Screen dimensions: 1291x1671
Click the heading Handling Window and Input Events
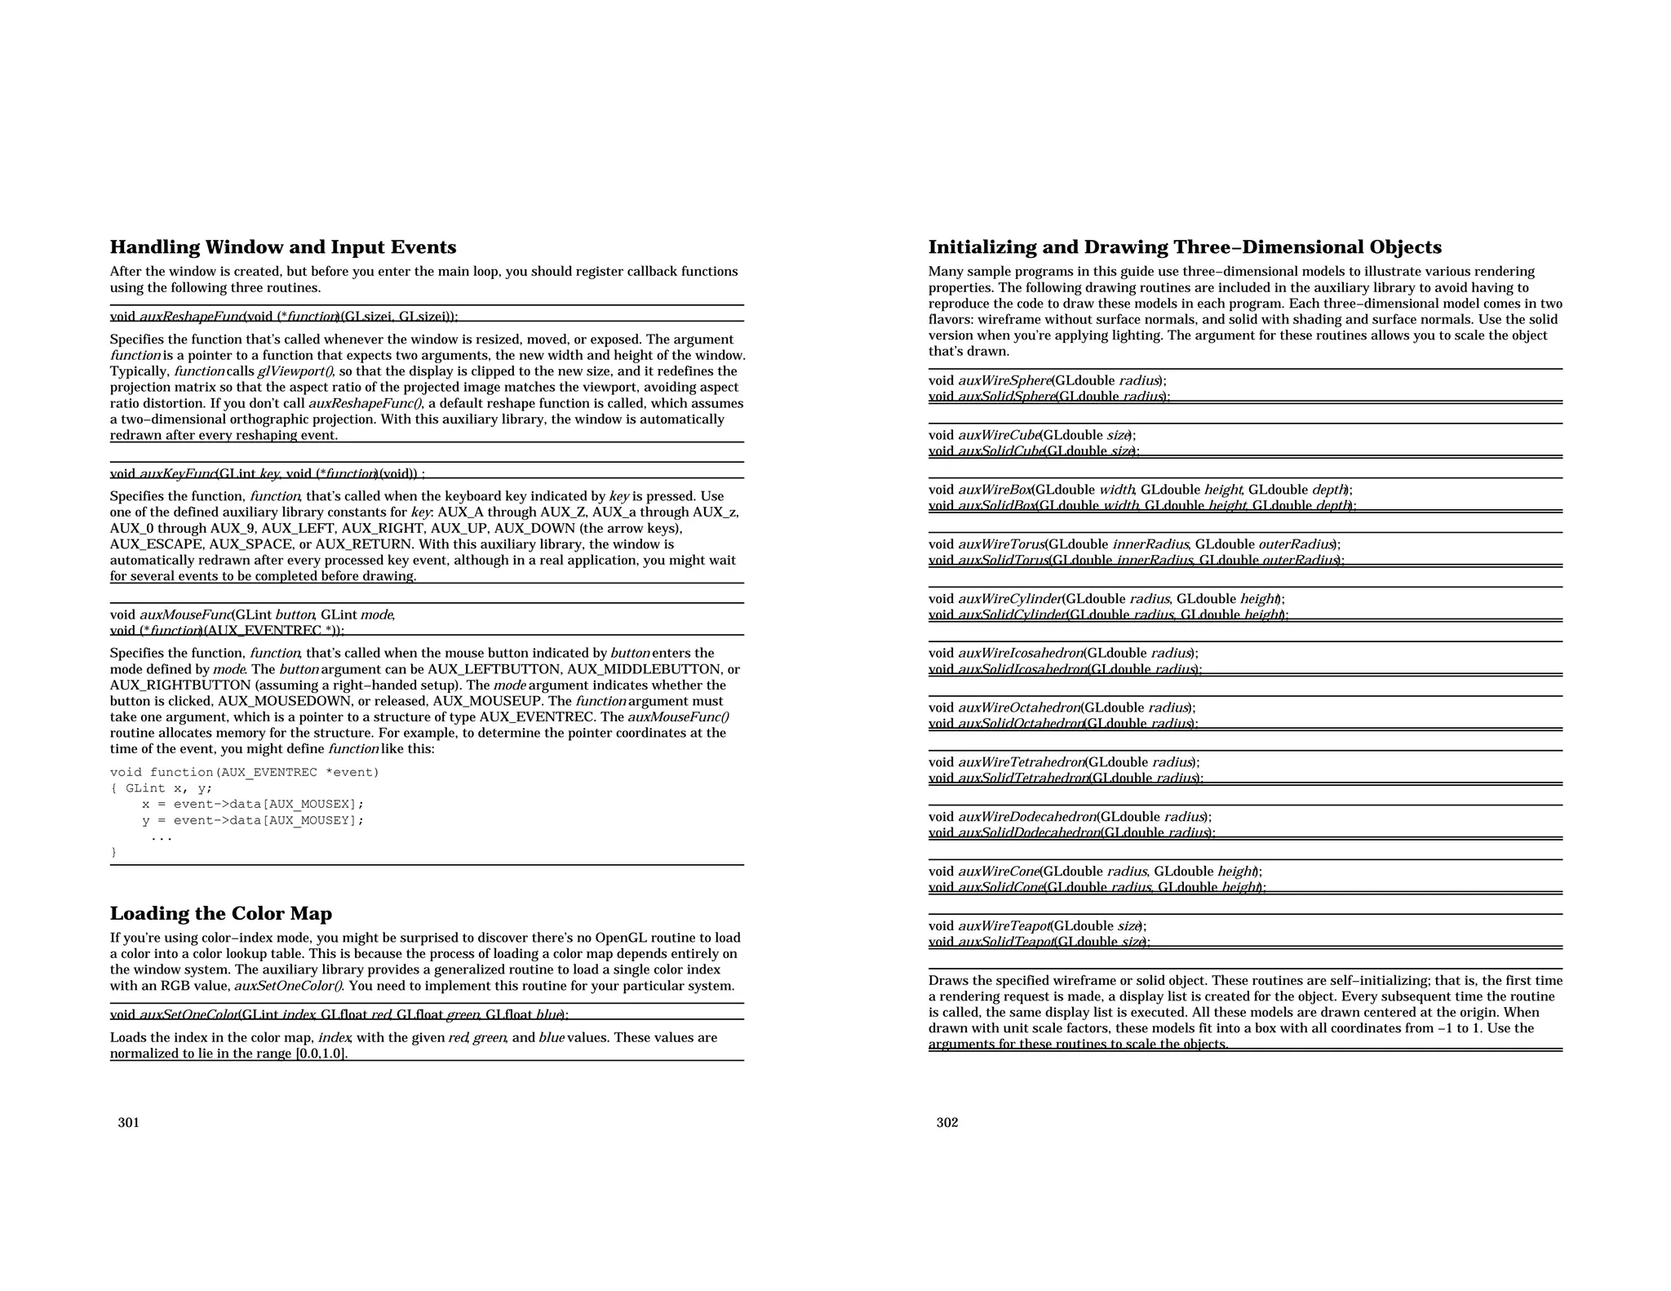click(x=282, y=247)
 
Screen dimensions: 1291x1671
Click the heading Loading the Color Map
click(x=220, y=913)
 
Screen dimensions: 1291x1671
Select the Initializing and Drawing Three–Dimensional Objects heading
click(x=1184, y=247)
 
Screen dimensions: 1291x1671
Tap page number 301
click(x=128, y=1122)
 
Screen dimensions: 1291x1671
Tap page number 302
click(x=946, y=1122)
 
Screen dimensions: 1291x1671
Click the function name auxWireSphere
click(x=1004, y=380)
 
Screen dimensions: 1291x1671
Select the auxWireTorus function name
click(x=1000, y=544)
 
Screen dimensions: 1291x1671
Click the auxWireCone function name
click(x=998, y=872)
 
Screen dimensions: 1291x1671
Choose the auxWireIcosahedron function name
click(x=1020, y=653)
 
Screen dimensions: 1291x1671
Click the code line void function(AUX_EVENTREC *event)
click(x=244, y=772)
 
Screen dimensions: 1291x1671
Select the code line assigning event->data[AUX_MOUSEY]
click(x=252, y=820)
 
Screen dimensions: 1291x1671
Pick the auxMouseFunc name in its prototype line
click(x=185, y=614)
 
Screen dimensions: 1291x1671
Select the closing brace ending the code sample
click(x=113, y=852)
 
